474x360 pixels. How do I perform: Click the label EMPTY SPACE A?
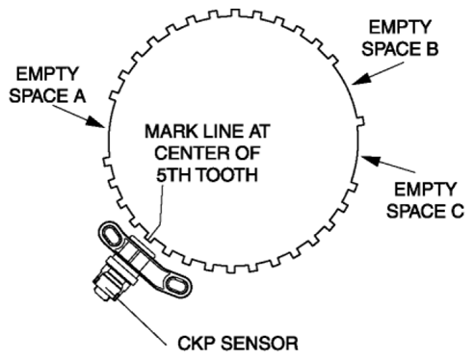tap(47, 85)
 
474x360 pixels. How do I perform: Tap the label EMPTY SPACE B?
tap(400, 39)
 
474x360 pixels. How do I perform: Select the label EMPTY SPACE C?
tap(425, 200)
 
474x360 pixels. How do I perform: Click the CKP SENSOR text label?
tap(238, 344)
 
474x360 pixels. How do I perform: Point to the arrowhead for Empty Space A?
tap(96, 122)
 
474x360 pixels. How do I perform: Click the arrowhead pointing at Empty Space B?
tap(361, 79)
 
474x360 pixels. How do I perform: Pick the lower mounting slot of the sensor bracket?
tap(174, 285)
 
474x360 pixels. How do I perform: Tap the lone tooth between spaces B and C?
tap(360, 121)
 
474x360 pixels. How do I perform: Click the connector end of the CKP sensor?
tap(104, 289)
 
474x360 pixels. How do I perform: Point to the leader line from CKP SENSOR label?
tap(143, 322)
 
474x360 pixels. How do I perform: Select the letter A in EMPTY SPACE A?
tap(80, 96)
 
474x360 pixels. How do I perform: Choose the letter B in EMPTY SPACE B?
tap(433, 49)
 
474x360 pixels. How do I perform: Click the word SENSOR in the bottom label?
tap(259, 344)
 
